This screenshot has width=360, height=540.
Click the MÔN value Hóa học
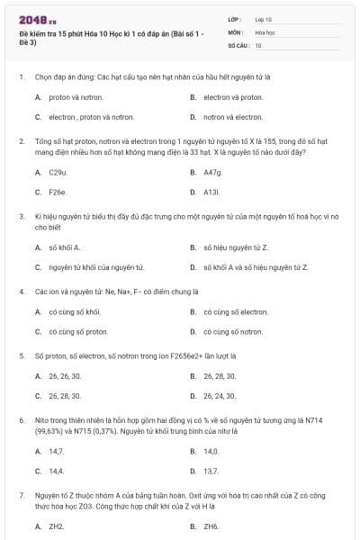(x=265, y=31)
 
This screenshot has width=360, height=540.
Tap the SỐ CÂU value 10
(x=258, y=44)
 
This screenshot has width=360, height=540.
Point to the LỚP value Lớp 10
(x=264, y=19)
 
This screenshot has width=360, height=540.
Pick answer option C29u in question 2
(x=58, y=171)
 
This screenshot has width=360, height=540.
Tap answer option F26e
(x=58, y=192)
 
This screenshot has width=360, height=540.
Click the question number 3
(x=21, y=217)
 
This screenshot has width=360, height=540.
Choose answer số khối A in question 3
(x=65, y=247)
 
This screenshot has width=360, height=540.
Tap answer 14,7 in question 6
(x=56, y=450)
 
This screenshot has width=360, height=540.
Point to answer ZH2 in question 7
(x=56, y=526)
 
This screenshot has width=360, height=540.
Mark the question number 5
(x=21, y=356)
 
